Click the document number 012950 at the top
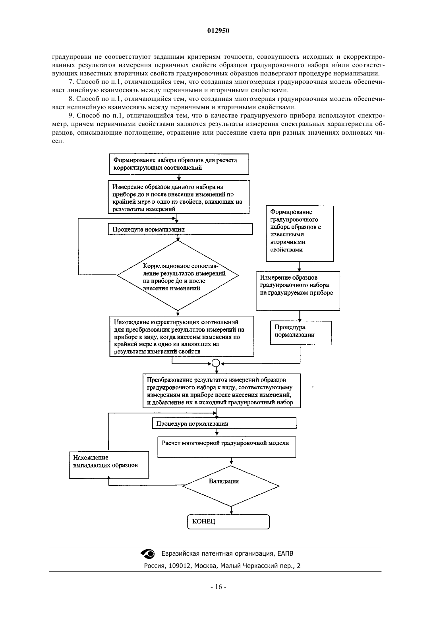(218, 31)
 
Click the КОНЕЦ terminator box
(228, 521)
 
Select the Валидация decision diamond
(231, 486)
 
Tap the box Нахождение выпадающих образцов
(109, 465)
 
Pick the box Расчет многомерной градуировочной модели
(226, 447)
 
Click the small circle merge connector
(216, 363)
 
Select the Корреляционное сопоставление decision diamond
(178, 275)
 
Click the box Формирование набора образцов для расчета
(179, 164)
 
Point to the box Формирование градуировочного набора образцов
(300, 234)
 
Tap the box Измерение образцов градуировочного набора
(298, 291)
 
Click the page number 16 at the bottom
(218, 587)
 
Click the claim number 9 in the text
(71, 116)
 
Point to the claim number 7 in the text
(71, 82)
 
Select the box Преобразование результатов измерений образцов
(222, 391)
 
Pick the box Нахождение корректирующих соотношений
(182, 336)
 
